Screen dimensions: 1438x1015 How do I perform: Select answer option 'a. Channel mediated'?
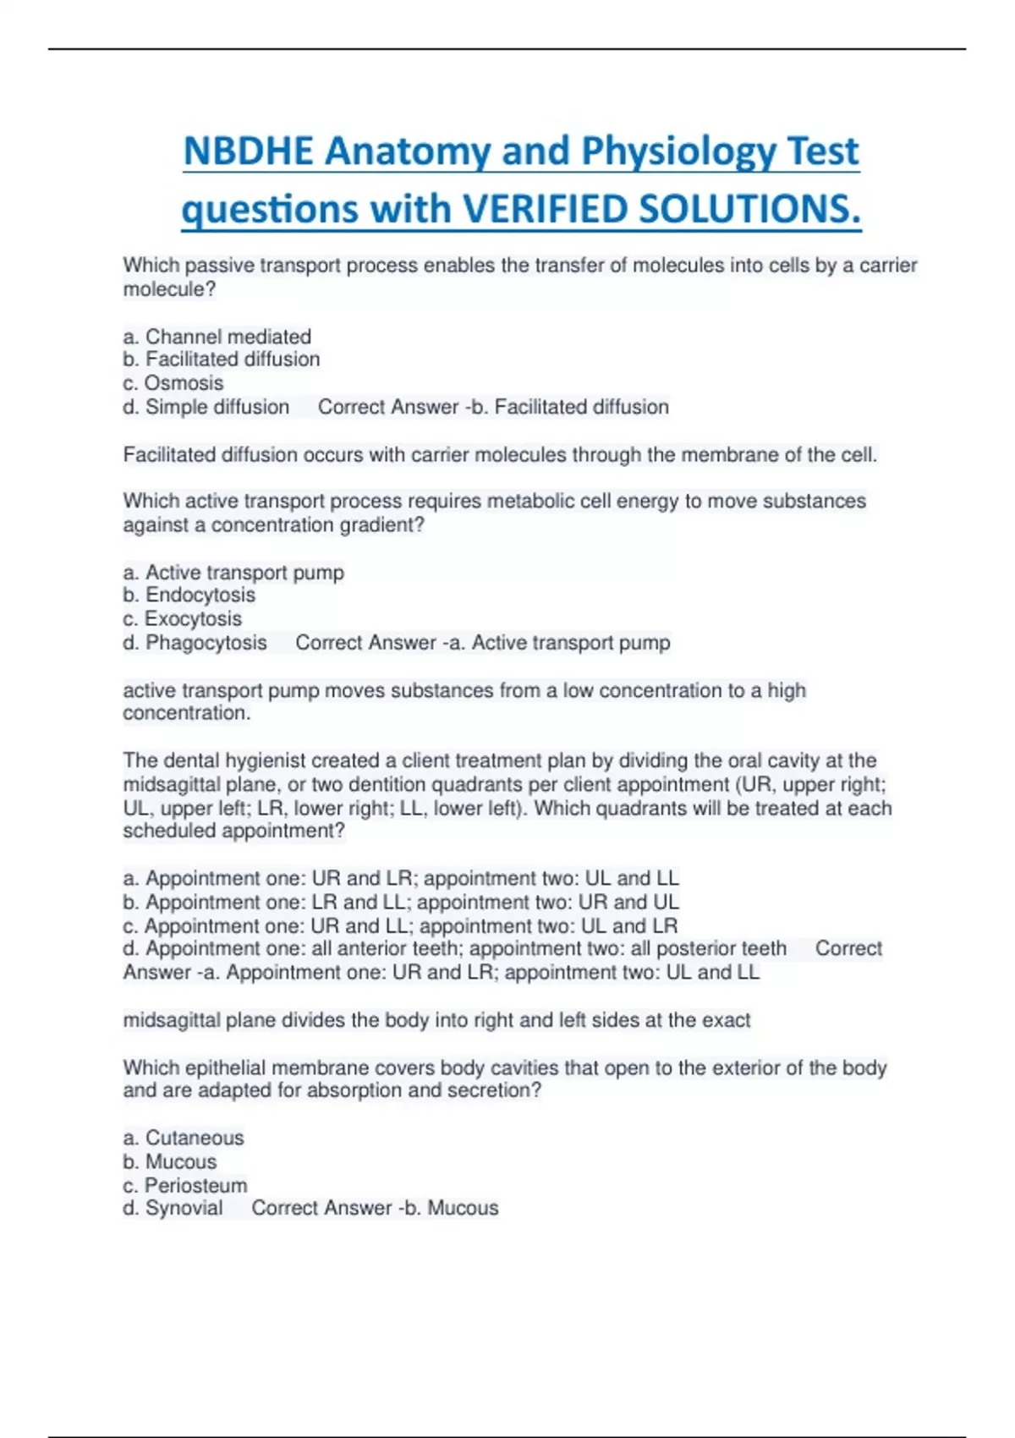[x=217, y=337]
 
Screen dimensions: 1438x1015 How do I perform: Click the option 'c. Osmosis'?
[x=173, y=383]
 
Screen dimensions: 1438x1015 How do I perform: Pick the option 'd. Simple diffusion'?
[x=206, y=407]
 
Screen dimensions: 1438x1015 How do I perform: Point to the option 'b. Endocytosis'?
[x=189, y=596]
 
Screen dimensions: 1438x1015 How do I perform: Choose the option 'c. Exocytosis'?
[x=182, y=619]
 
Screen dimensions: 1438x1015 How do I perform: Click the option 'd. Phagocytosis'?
[x=195, y=643]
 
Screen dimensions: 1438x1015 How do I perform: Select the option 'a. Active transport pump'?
[x=233, y=573]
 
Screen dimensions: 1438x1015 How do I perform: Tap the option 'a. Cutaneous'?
[x=184, y=1138]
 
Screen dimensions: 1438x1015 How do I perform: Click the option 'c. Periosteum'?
[x=185, y=1185]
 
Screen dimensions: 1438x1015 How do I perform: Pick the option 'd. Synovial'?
[x=173, y=1208]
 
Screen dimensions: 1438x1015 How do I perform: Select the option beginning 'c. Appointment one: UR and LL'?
[x=400, y=925]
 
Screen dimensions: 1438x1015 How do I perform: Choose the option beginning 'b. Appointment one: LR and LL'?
[x=401, y=902]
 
